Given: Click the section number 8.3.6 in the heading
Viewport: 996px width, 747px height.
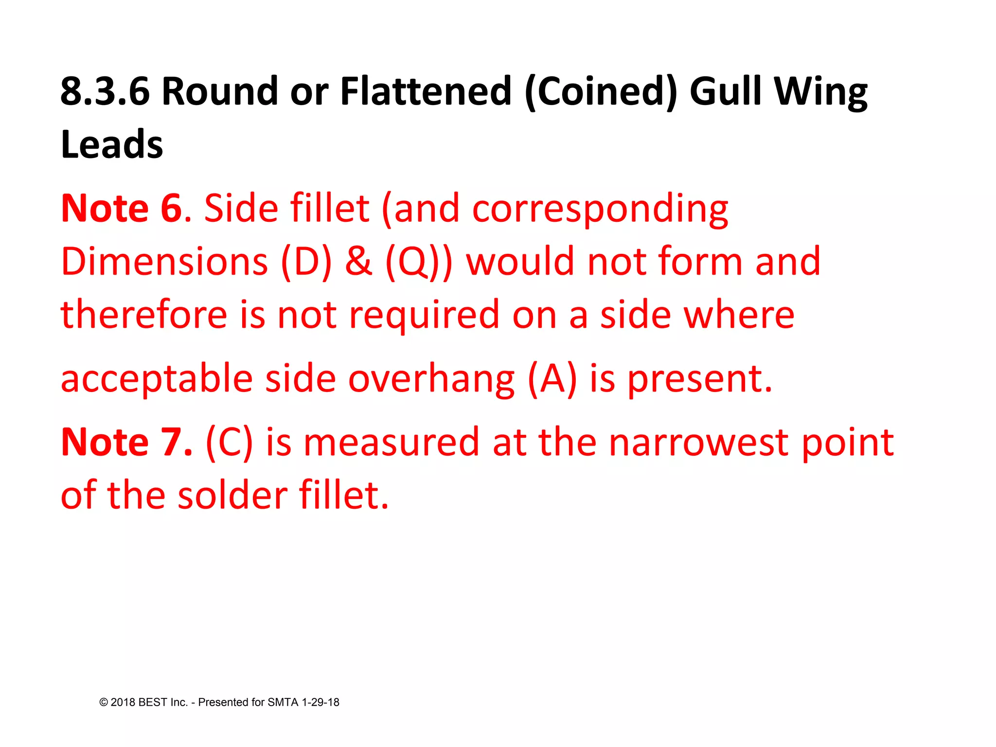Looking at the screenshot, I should (105, 91).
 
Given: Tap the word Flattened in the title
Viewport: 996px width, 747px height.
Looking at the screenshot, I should (426, 91).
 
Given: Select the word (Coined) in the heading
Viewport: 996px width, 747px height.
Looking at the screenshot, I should (601, 91).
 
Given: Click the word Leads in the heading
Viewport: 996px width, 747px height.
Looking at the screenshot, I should (112, 145).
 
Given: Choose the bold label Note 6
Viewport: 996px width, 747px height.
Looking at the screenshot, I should (122, 208).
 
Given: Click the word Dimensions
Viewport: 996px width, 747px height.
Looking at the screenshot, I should (164, 262).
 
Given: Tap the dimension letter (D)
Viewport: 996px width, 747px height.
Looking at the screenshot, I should (306, 262).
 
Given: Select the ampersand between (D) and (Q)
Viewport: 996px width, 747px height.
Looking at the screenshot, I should (358, 262).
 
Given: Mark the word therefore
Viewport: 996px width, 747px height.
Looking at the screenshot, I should (144, 315).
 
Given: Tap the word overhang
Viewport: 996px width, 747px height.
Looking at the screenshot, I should (431, 379).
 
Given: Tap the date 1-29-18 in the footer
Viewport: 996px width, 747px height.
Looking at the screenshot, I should (320, 702).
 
